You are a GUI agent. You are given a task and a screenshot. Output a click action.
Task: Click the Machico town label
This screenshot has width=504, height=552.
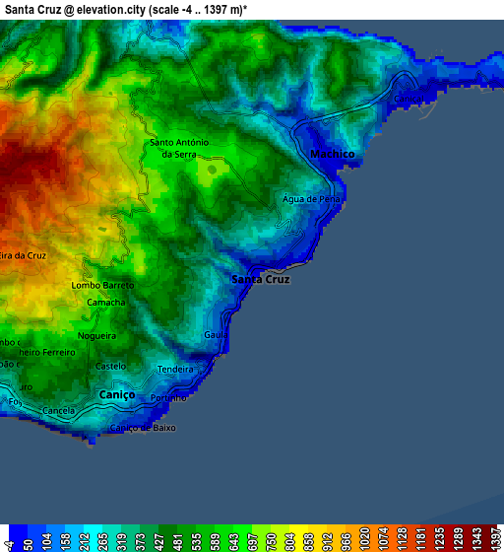point(331,155)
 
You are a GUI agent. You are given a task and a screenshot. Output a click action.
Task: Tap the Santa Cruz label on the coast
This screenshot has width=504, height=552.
point(260,280)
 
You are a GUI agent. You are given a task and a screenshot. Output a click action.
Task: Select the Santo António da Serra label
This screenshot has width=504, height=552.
point(178,149)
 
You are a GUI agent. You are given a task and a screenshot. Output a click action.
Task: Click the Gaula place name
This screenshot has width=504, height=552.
point(216,335)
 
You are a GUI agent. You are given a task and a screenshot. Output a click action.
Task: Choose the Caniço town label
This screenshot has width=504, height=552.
point(116,394)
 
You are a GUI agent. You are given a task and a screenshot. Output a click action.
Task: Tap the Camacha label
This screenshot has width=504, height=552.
point(105,302)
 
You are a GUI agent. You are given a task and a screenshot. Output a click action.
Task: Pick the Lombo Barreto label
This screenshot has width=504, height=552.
point(102,285)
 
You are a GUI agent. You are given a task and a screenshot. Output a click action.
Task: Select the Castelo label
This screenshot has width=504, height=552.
point(110,366)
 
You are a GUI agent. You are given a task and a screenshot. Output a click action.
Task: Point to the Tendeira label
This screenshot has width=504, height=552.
point(175,370)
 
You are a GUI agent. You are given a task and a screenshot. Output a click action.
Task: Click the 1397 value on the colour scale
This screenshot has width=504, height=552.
point(489,538)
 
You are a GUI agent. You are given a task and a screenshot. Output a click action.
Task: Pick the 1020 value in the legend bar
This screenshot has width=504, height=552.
point(365,538)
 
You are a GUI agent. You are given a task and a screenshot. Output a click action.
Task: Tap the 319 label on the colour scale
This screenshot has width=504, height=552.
point(117,539)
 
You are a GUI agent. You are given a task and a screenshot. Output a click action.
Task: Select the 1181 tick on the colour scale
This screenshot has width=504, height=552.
point(418,538)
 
